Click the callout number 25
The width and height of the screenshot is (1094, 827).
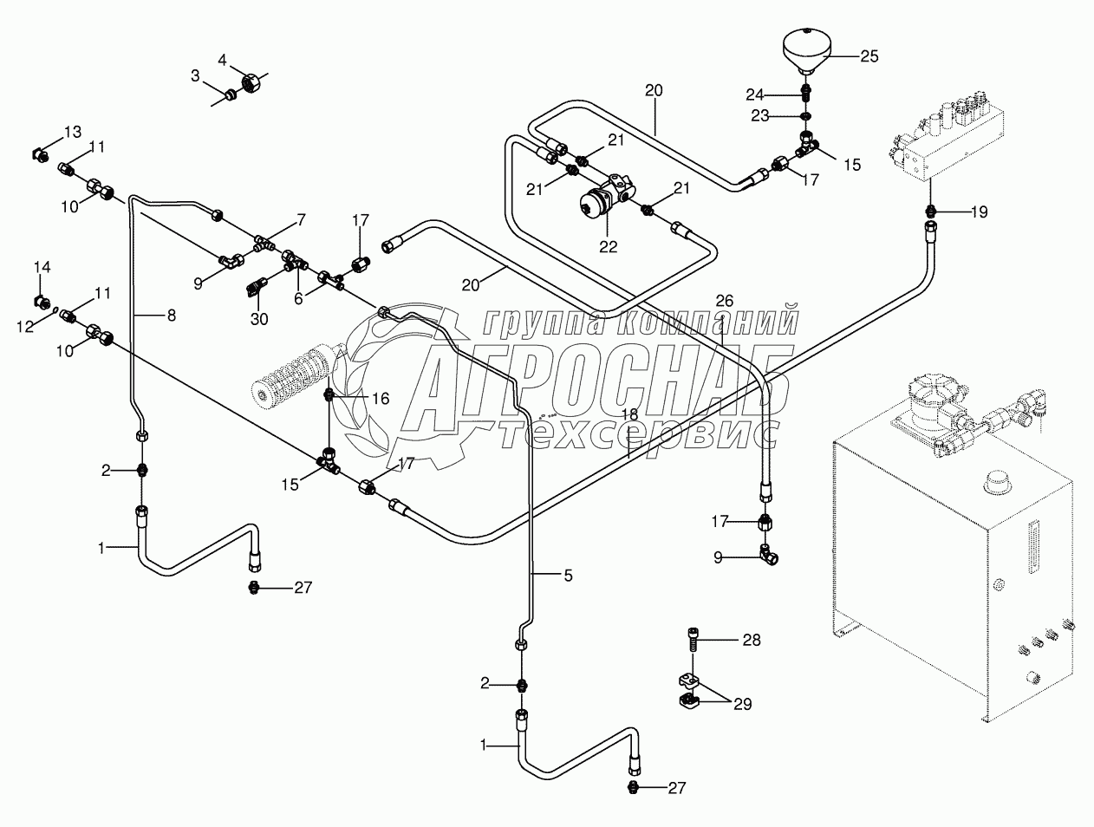click(869, 56)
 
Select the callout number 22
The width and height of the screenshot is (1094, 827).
click(608, 246)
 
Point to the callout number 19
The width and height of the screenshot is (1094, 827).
click(978, 212)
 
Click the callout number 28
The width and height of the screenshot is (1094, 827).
click(751, 641)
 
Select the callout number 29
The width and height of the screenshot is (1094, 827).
click(742, 703)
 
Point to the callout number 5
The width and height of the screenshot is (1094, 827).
click(568, 575)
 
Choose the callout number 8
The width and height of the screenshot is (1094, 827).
click(171, 316)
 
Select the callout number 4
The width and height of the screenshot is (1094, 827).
click(222, 60)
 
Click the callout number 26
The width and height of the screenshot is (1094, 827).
click(724, 300)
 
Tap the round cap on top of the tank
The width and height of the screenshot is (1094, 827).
click(999, 482)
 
